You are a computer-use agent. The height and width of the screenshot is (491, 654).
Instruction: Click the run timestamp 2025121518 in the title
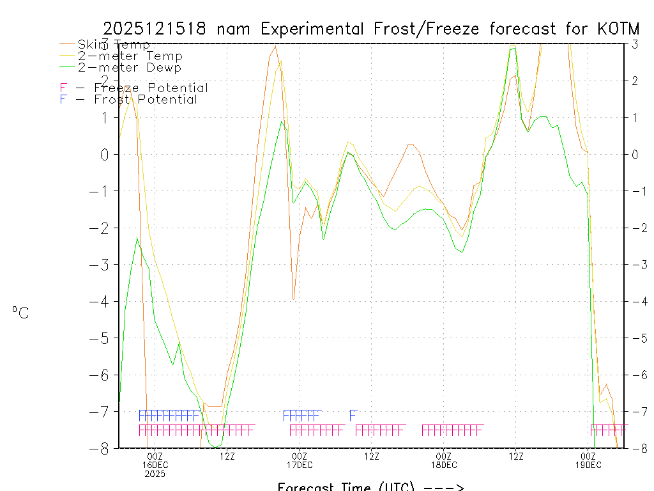coord(154,29)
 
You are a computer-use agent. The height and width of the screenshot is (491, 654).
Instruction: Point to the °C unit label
coord(20,313)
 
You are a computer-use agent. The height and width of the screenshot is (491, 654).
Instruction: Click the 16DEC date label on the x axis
coord(155,464)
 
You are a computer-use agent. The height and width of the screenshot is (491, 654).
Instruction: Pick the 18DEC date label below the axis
coord(444,464)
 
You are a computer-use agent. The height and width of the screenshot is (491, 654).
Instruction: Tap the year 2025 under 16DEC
coord(155,474)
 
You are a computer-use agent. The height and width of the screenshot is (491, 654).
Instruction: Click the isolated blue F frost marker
coord(353,416)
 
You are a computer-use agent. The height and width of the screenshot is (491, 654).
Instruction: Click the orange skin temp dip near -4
coord(293,298)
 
